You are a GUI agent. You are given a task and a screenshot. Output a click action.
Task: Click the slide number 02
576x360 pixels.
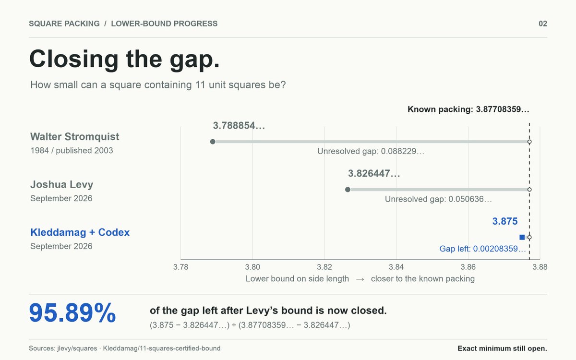click(x=543, y=24)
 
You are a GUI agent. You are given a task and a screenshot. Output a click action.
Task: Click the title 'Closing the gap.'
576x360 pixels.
click(x=125, y=60)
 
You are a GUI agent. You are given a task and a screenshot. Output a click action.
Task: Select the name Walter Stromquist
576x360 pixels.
click(x=74, y=136)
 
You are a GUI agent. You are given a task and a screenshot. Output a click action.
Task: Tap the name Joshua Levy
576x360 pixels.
click(x=62, y=185)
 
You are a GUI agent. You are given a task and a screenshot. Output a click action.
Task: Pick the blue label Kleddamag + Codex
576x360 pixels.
click(x=80, y=232)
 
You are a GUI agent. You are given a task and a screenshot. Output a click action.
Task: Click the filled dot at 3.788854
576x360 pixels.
click(x=213, y=142)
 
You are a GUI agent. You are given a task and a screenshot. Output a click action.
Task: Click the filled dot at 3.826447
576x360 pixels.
click(x=348, y=190)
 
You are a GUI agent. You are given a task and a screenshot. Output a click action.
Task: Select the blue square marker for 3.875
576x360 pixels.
click(x=522, y=237)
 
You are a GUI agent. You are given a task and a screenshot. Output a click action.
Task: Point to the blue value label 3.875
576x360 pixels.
click(x=505, y=221)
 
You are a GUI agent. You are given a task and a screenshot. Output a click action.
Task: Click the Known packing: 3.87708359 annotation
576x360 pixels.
click(x=468, y=109)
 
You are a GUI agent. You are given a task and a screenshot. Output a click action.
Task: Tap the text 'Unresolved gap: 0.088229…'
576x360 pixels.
click(x=371, y=151)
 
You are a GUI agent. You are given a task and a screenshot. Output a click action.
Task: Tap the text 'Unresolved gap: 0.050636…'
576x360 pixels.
click(x=438, y=199)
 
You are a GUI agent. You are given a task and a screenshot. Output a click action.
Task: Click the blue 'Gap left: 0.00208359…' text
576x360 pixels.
click(x=483, y=249)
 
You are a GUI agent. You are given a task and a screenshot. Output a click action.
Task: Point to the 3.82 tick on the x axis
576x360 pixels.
click(x=324, y=267)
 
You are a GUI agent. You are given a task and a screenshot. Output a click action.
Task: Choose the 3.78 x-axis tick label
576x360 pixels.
click(x=181, y=267)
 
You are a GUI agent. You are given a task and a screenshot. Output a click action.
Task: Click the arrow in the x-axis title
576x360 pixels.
click(x=360, y=279)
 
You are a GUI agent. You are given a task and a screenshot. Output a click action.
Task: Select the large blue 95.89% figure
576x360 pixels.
click(x=72, y=312)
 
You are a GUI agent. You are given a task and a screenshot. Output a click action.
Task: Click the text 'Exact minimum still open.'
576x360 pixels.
click(x=503, y=348)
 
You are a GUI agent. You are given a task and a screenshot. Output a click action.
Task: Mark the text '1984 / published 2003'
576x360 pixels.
click(x=72, y=150)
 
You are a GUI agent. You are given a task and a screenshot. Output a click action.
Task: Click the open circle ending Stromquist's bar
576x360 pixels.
click(x=529, y=142)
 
